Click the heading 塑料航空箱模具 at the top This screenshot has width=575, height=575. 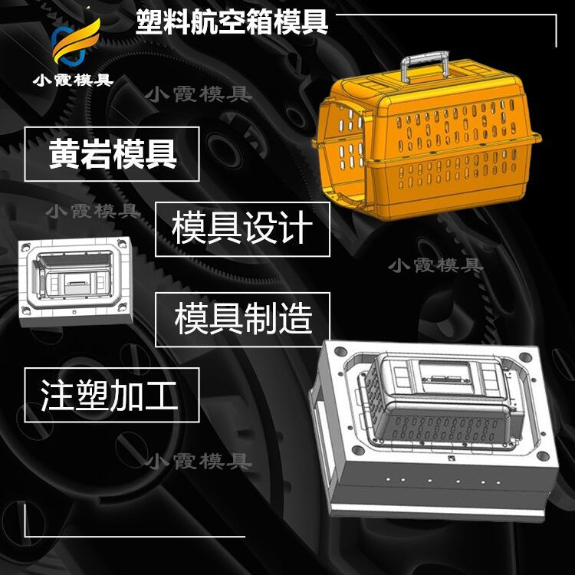pyautogui.click(x=232, y=22)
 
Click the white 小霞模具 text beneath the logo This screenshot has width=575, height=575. pyautogui.click(x=74, y=80)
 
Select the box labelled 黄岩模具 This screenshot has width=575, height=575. pyautogui.click(x=112, y=154)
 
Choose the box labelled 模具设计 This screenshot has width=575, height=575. pyautogui.click(x=242, y=228)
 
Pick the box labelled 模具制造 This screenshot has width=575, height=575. pyautogui.click(x=242, y=320)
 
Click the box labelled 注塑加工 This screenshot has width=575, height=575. pyautogui.click(x=112, y=395)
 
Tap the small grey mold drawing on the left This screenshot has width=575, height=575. pyautogui.click(x=75, y=281)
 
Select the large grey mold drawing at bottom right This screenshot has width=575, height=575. pyautogui.click(x=433, y=429)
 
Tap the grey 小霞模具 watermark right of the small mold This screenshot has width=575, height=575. pyautogui.click(x=435, y=265)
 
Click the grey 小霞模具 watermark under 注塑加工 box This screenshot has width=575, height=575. pyautogui.click(x=199, y=462)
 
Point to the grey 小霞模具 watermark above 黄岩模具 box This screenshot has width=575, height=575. pyautogui.click(x=199, y=94)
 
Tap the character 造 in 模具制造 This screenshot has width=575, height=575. pyautogui.click(x=296, y=319)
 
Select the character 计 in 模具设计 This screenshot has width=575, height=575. pyautogui.click(x=296, y=228)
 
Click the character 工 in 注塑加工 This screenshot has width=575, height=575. pyautogui.click(x=161, y=395)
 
